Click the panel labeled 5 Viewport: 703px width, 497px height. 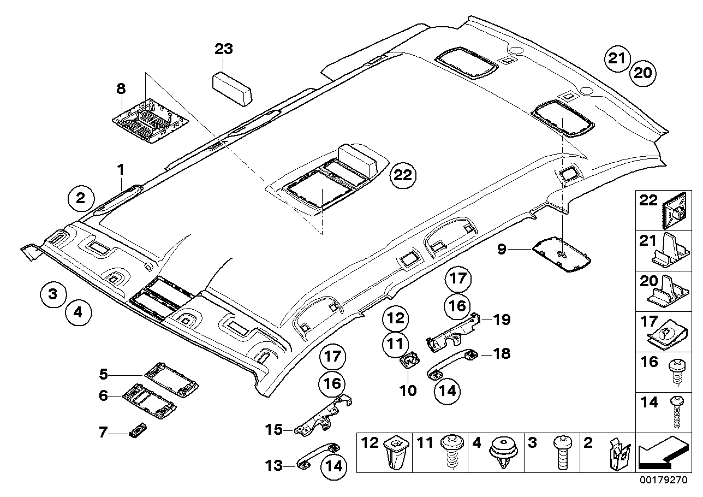(x=171, y=378)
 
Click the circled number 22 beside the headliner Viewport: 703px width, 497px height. (x=403, y=176)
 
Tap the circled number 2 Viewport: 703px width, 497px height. (x=81, y=198)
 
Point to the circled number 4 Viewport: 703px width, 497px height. (x=78, y=313)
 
